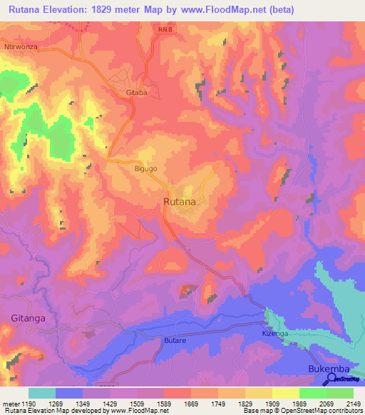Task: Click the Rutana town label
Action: (x=180, y=203)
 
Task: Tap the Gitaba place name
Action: (x=136, y=93)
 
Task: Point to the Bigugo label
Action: (x=145, y=169)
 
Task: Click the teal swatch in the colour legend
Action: (x=41, y=393)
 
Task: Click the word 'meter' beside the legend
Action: (x=10, y=403)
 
